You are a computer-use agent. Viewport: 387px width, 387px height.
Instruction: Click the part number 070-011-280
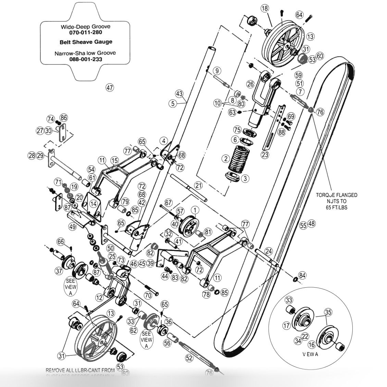[x=85, y=33]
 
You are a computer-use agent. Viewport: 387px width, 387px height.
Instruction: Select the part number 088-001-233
[x=85, y=59]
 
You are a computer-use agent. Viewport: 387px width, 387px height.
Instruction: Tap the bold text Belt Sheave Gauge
[x=86, y=42]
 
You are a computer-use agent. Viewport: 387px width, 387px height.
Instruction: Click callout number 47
[x=110, y=88]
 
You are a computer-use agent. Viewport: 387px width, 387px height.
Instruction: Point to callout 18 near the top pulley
[x=265, y=9]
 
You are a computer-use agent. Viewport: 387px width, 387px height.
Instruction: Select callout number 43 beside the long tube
[x=179, y=93]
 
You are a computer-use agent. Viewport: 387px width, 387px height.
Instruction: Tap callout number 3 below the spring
[x=245, y=178]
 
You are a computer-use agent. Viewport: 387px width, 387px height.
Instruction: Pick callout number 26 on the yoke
[x=250, y=84]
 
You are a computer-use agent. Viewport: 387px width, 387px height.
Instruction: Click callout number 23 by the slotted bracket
[x=265, y=154]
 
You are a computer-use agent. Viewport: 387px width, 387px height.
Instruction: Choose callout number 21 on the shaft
[x=198, y=185]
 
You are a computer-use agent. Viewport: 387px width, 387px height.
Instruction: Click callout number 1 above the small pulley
[x=195, y=209]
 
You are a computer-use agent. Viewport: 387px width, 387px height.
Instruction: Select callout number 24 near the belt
[x=269, y=252]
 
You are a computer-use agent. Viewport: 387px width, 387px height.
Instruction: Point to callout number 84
[x=302, y=275]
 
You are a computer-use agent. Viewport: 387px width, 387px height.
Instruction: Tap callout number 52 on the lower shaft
[x=189, y=358]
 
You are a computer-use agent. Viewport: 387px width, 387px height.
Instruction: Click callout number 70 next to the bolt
[x=148, y=295]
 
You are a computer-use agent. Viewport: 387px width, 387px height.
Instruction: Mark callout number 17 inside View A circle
[x=287, y=326]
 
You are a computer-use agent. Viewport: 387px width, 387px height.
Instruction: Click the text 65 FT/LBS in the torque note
[x=336, y=207]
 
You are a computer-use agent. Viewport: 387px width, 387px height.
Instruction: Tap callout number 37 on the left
[x=59, y=271]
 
